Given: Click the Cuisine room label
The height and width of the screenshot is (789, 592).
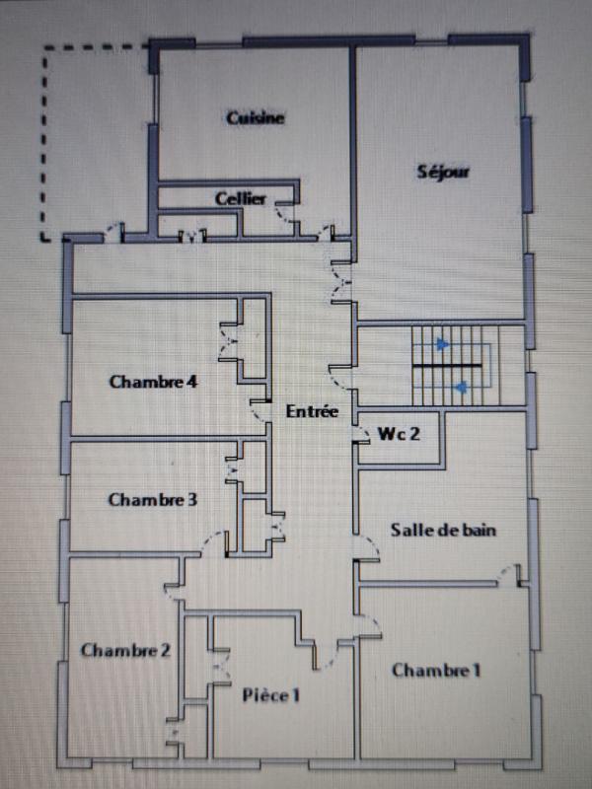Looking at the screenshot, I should tap(255, 118).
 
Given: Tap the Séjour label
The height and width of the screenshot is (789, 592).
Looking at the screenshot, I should tap(443, 172).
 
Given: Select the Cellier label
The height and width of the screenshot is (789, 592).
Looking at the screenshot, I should tap(241, 199).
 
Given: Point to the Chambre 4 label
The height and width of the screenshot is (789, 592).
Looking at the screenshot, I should tap(154, 383).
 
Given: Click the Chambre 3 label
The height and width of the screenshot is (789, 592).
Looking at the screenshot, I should tap(152, 500).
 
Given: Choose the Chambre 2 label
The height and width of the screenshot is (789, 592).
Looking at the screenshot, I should tap(125, 650).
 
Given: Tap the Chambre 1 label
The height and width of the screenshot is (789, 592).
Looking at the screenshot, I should tap(436, 671).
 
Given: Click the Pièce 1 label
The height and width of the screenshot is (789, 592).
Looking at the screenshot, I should tap(270, 695).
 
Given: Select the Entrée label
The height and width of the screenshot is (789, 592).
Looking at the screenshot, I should tap(312, 412).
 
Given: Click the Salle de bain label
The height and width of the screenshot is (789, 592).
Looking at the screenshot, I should tap(443, 530).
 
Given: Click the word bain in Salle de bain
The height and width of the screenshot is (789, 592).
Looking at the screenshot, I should tap(478, 530).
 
